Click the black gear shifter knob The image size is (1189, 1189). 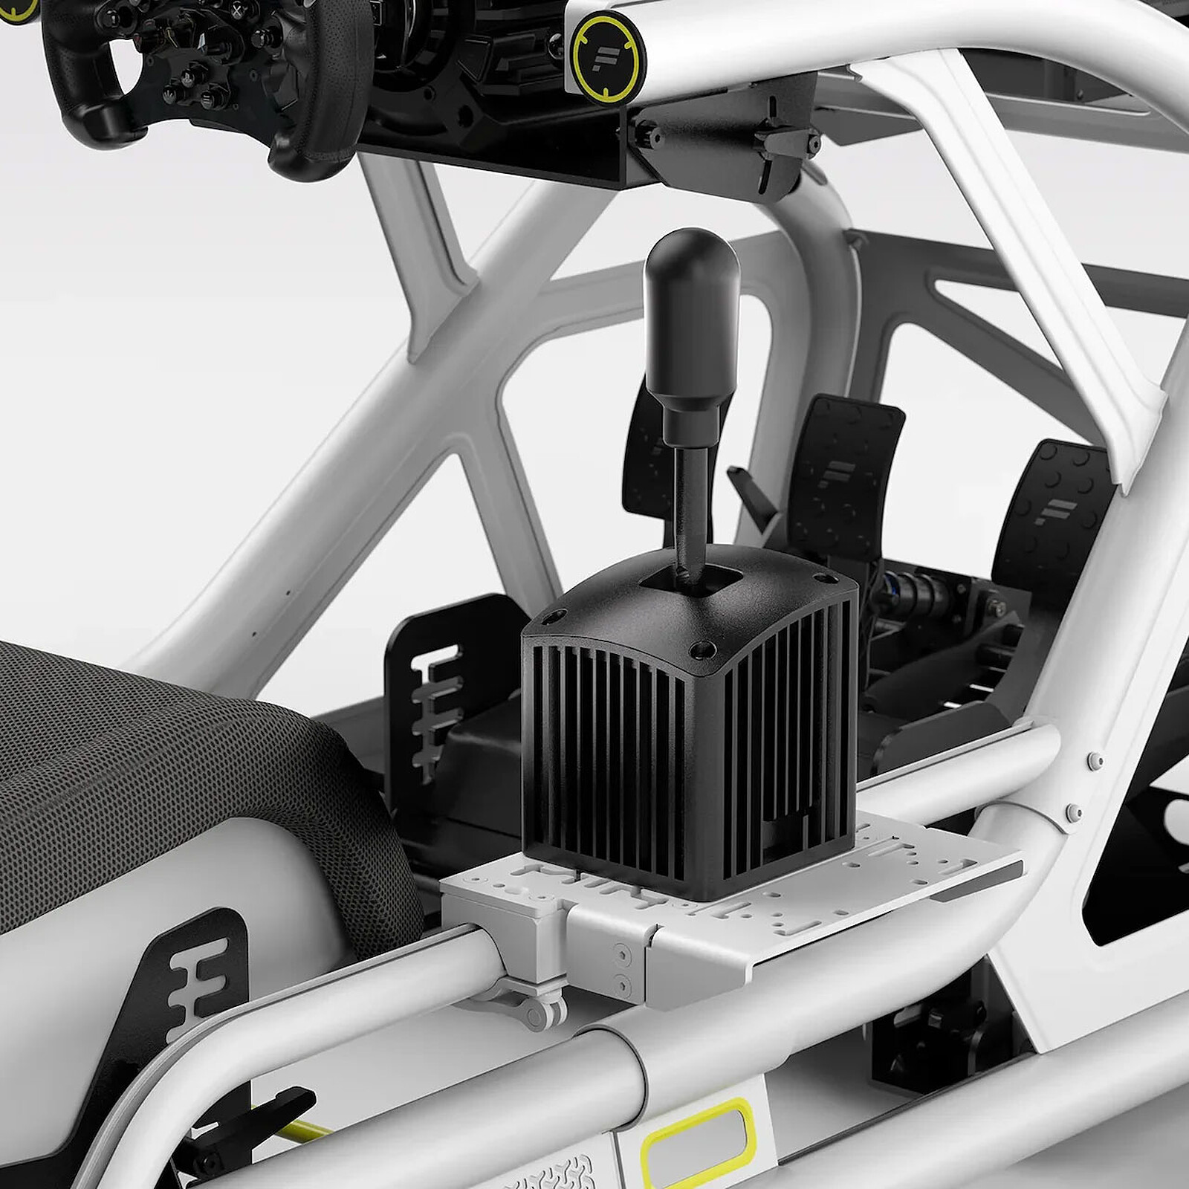point(691,312)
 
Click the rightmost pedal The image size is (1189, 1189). point(1055,505)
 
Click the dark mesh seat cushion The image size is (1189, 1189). point(149,743)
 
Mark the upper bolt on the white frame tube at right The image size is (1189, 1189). point(1093,760)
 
